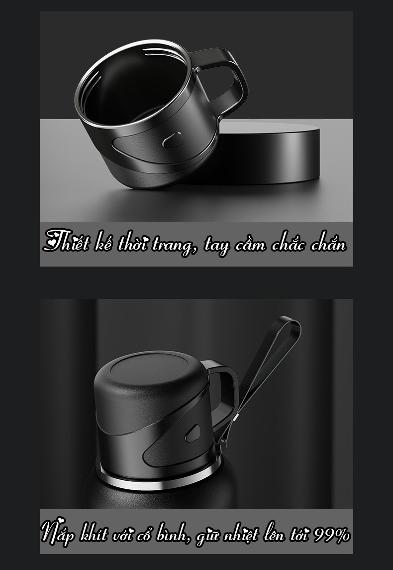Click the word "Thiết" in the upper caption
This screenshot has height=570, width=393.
66,241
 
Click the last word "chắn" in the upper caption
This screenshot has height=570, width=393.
329,243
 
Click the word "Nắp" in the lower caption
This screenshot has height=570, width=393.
58,533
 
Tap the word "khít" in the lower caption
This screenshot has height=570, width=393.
94,534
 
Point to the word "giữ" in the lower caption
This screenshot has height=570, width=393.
207,537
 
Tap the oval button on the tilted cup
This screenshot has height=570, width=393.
172,140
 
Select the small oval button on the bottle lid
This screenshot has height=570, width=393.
193,433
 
